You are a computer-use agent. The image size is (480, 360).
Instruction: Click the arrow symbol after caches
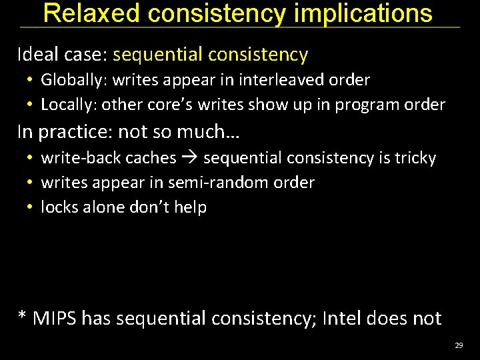coord(190,159)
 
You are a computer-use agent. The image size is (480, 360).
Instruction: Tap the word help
coord(191,207)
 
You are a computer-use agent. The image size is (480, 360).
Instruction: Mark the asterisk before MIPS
coord(23,316)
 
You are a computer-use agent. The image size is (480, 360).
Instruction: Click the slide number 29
coord(458,345)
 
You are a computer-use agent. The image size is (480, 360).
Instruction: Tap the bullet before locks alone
coord(30,207)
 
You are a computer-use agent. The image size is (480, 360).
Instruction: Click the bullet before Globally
coord(30,81)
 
